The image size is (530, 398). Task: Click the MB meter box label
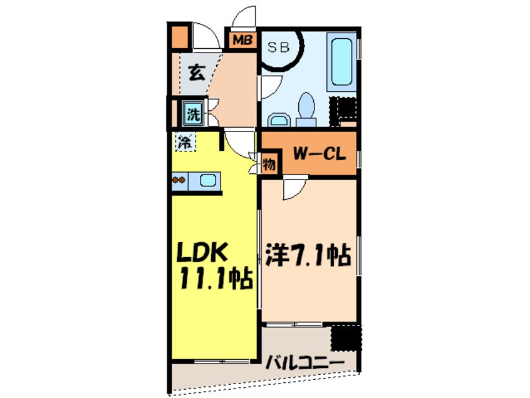point(242,40)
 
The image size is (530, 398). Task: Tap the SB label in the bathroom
point(279,48)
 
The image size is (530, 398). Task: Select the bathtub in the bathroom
point(341,62)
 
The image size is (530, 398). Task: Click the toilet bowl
point(306,108)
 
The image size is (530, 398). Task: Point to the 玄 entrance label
point(196,73)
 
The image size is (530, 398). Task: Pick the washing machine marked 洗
point(194,113)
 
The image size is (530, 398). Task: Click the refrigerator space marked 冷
point(185,142)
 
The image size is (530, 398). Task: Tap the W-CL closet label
point(319,155)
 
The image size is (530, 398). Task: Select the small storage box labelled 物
point(269,165)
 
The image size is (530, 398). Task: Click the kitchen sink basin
point(207,181)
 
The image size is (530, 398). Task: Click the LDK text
point(202,252)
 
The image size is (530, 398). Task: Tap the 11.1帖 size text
point(217,278)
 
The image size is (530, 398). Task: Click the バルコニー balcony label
point(305,363)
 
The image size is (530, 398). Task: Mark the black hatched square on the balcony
point(346,337)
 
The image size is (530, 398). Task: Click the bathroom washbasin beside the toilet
point(279,120)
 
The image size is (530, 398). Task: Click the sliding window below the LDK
point(222,362)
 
